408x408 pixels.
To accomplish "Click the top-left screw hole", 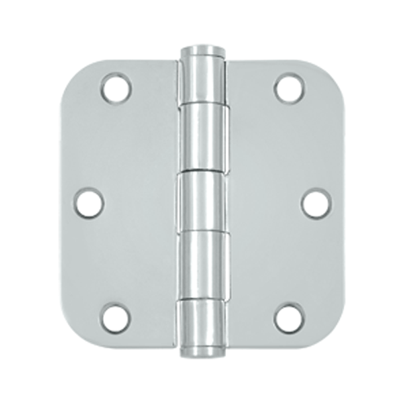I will pos(117,88).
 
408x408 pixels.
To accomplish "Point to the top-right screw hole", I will pos(288,88).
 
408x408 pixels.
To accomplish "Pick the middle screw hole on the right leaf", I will pos(316,202).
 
